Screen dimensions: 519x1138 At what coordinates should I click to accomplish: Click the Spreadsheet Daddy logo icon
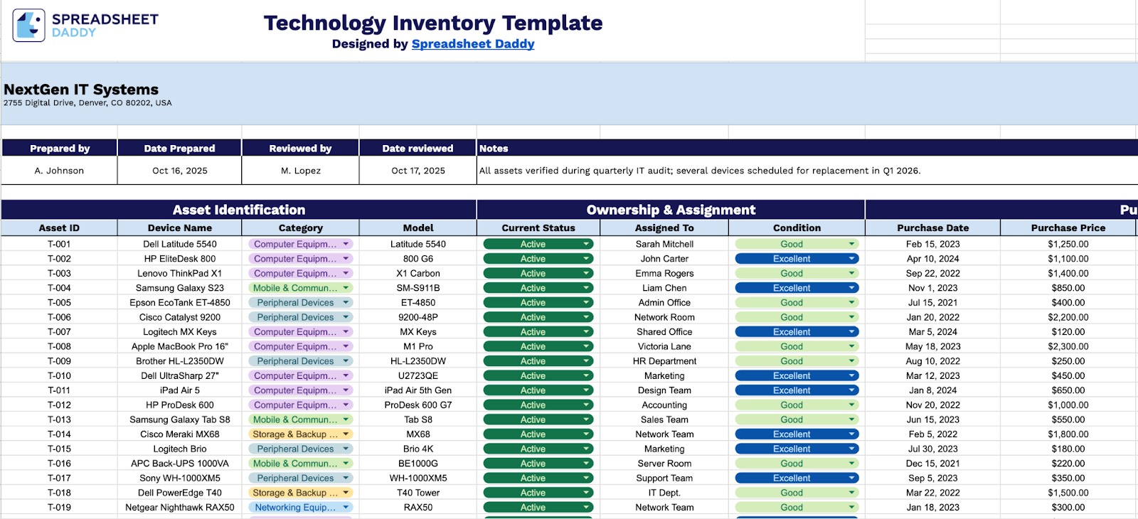click(x=29, y=26)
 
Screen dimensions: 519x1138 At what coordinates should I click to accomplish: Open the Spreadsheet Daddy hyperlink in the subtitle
click(x=473, y=44)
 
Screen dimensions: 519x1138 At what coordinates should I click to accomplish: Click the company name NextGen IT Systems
click(x=81, y=90)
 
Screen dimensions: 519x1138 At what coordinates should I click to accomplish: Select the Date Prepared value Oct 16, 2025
click(x=180, y=171)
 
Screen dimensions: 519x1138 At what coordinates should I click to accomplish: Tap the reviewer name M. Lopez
click(x=301, y=171)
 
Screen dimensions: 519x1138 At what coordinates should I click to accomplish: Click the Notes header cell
click(x=494, y=149)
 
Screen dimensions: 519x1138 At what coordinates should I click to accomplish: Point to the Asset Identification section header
click(x=239, y=210)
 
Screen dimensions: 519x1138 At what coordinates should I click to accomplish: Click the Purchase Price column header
click(x=1068, y=228)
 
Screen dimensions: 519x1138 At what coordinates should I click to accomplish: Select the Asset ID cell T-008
click(x=59, y=346)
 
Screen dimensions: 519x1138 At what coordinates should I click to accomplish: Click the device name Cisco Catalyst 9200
click(x=180, y=317)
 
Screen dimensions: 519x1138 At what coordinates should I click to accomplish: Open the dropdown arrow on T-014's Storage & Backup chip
click(x=346, y=434)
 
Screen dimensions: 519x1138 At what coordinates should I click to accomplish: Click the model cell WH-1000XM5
click(x=418, y=478)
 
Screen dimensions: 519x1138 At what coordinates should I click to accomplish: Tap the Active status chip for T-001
click(x=533, y=244)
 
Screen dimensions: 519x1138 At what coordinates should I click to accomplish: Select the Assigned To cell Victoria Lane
click(x=664, y=346)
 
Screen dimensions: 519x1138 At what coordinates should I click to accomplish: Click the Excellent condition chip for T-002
click(x=791, y=259)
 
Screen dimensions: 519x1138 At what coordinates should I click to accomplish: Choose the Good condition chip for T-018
click(x=791, y=493)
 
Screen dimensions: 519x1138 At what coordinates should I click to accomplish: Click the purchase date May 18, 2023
click(x=932, y=346)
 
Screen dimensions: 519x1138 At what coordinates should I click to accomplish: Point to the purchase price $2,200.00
click(x=1068, y=317)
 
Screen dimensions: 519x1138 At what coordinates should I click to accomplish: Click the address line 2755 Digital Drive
click(x=87, y=103)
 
